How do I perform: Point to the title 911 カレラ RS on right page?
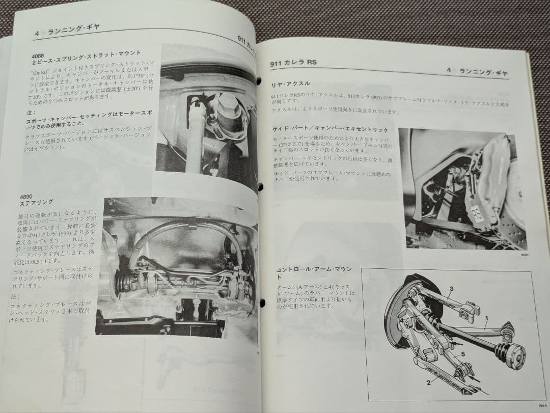click(x=293, y=63)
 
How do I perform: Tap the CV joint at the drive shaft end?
click(x=511, y=354)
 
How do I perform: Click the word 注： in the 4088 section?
click(x=30, y=113)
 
